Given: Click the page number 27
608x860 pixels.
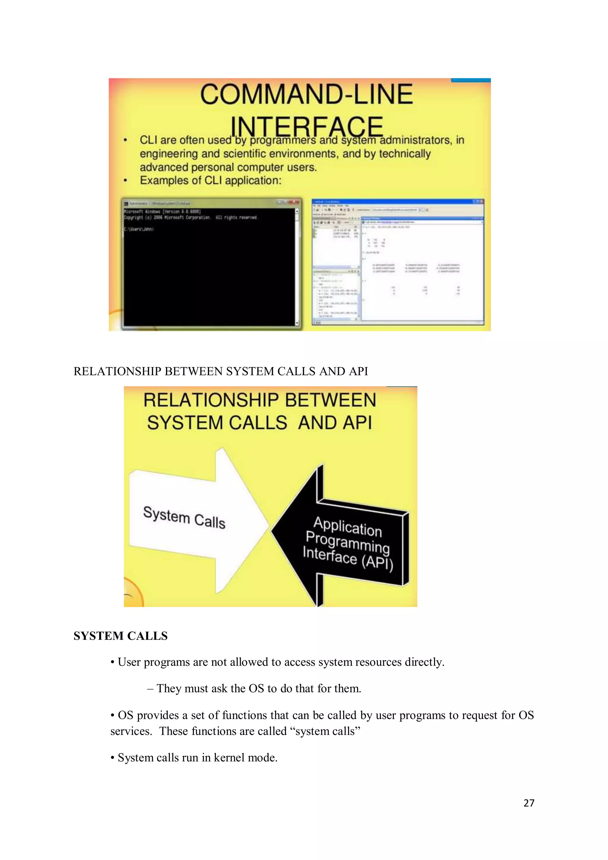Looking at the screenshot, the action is tap(529, 803).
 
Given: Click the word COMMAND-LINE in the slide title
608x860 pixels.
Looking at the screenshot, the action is tap(306, 94).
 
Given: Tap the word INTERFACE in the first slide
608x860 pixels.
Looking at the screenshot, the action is tap(306, 126).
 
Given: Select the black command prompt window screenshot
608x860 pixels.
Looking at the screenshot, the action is tap(212, 264).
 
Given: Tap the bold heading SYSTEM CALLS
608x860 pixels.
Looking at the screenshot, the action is tap(121, 636).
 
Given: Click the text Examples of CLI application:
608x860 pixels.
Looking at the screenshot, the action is tap(210, 181).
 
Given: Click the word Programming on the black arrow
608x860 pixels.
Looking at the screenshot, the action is tap(347, 542).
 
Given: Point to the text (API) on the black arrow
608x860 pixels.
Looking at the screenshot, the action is tap(377, 563).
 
